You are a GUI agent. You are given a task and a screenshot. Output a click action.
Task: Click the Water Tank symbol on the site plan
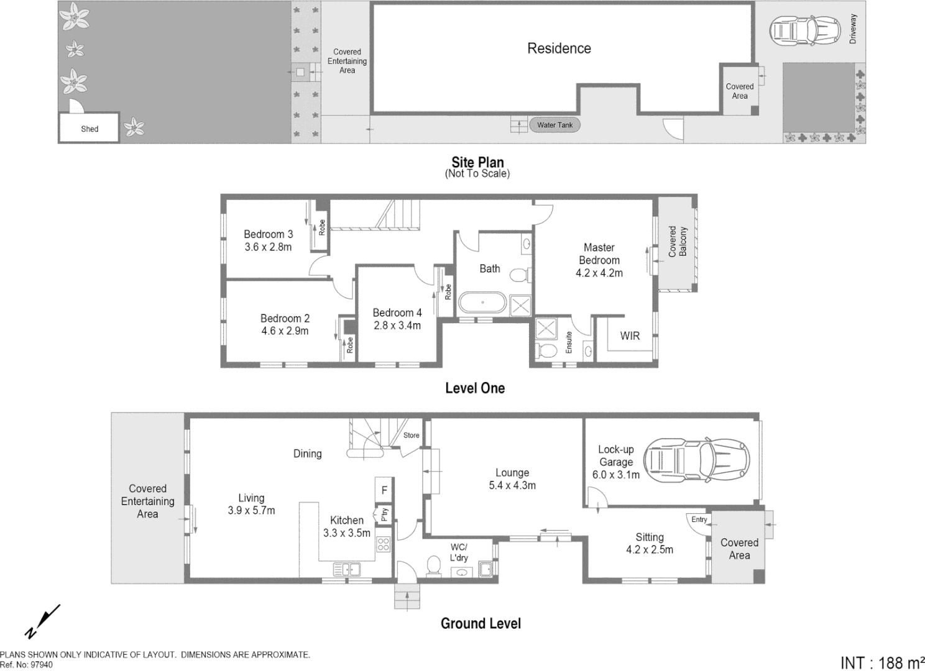point(555,125)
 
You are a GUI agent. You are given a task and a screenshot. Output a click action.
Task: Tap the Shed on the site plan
point(90,129)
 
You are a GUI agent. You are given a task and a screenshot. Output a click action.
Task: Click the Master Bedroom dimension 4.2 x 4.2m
point(599,273)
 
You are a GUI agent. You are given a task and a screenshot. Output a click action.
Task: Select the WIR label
point(629,335)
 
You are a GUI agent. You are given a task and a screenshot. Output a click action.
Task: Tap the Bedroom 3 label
point(268,234)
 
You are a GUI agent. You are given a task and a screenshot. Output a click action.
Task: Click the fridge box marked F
point(384,490)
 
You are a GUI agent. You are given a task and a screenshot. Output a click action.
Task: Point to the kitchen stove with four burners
point(383,545)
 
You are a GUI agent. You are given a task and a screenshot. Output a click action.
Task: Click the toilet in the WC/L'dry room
point(433,565)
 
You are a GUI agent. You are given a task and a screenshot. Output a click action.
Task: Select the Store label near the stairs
point(411,436)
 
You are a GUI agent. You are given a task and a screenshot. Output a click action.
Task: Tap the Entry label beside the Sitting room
point(699,519)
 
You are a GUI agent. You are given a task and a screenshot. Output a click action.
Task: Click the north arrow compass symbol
point(42,621)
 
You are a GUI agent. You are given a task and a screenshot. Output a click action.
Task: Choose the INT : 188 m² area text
point(881,662)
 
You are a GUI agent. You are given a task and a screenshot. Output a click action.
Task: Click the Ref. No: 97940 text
point(27,665)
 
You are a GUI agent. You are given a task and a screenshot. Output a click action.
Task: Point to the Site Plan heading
point(477,163)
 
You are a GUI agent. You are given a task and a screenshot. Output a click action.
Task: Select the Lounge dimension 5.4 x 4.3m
point(512,485)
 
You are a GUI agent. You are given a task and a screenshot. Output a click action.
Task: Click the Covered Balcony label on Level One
point(678,242)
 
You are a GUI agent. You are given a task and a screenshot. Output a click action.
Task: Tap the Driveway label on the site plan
point(853,29)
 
